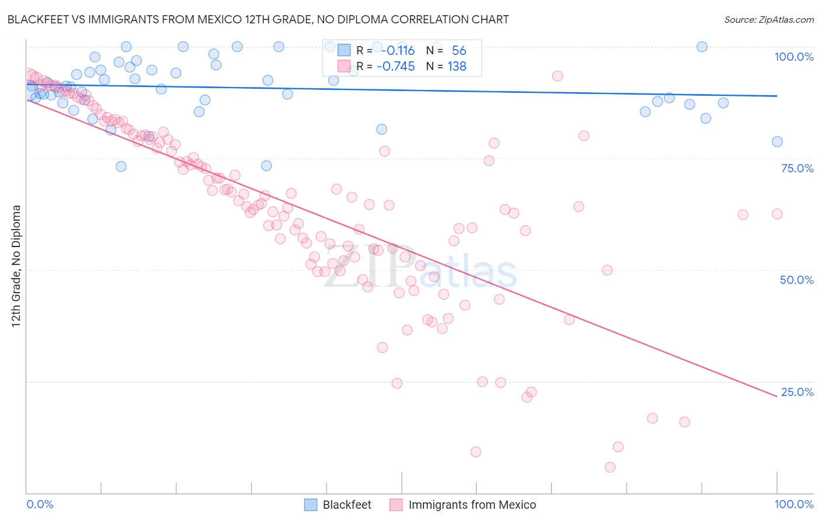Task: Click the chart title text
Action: [258, 19]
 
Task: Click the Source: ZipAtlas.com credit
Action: [768, 20]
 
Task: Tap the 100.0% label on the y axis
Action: [794, 57]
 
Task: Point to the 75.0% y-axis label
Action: [797, 168]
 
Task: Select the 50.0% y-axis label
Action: [796, 280]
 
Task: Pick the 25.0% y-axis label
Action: [797, 392]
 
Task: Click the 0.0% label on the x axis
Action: [40, 504]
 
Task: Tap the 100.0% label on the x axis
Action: [794, 504]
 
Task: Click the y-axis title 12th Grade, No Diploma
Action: [16, 266]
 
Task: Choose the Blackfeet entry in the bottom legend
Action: [347, 505]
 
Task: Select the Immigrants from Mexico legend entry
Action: [472, 505]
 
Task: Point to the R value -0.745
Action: [396, 67]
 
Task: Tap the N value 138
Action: [457, 67]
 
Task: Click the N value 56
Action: [459, 51]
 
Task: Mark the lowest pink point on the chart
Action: [610, 467]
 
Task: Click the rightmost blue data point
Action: [777, 142]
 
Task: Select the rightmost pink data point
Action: [777, 214]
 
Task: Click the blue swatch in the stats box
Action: [344, 51]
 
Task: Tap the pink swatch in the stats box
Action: [344, 67]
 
